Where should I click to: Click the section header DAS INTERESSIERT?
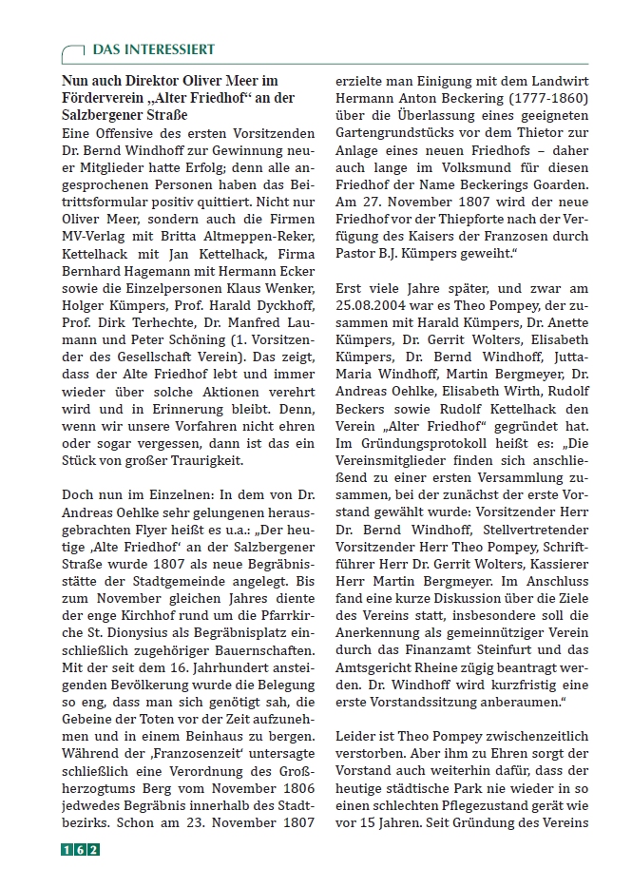click(153, 49)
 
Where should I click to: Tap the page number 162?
click(81, 849)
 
